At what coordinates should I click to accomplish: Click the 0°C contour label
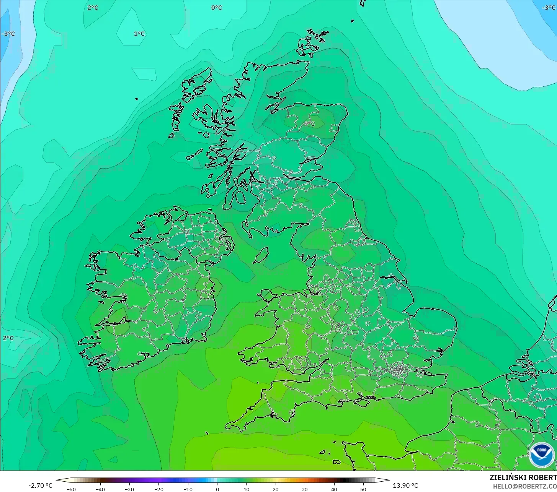tap(216, 8)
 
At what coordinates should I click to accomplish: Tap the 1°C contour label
tap(139, 34)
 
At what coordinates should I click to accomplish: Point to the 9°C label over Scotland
tap(309, 124)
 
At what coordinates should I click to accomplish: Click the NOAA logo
tap(541, 455)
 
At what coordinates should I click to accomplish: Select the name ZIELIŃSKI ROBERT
tap(523, 477)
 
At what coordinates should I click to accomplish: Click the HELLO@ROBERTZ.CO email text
tap(524, 486)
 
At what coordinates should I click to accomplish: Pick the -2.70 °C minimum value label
tap(40, 486)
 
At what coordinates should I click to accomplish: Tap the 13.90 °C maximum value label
tap(405, 486)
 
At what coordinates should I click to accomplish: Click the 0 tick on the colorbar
tap(217, 489)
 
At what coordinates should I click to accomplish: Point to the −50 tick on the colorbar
tap(71, 489)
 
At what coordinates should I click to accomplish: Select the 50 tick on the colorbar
tap(363, 489)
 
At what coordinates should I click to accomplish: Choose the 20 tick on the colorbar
tap(276, 489)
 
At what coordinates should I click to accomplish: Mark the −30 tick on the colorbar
tap(129, 489)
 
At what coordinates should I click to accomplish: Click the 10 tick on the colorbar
tap(246, 489)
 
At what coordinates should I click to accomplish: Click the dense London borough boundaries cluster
tap(399, 370)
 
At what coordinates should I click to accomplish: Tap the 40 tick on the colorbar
tap(334, 489)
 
